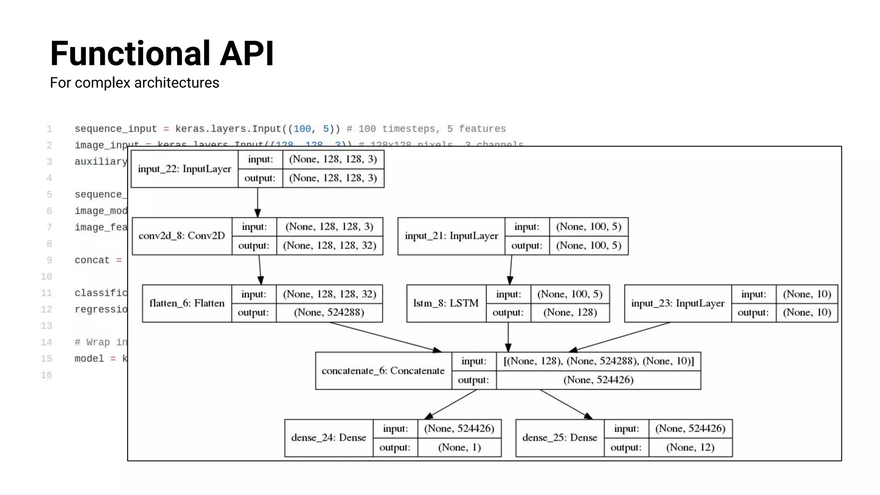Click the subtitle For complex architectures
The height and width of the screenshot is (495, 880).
pyautogui.click(x=134, y=82)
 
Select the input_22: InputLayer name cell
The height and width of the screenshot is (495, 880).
pyautogui.click(x=184, y=169)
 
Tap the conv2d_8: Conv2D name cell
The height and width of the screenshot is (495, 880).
pyautogui.click(x=182, y=236)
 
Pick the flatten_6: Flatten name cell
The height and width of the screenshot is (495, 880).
pyautogui.click(x=187, y=303)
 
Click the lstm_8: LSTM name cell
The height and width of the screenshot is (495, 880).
pyautogui.click(x=446, y=303)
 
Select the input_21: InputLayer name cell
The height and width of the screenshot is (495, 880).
pyautogui.click(x=451, y=236)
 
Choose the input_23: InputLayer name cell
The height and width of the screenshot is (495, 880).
pyautogui.click(x=678, y=303)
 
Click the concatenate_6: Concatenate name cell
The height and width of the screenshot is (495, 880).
pyautogui.click(x=383, y=371)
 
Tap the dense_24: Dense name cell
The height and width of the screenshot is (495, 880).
pyautogui.click(x=329, y=438)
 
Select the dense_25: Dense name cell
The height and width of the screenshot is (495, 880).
pyautogui.click(x=559, y=438)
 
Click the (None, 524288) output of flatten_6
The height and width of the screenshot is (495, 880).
pyautogui.click(x=329, y=312)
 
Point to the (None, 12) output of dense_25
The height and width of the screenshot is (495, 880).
pyautogui.click(x=690, y=447)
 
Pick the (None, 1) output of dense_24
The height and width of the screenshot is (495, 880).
pyautogui.click(x=459, y=447)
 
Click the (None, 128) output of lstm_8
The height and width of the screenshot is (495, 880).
pyautogui.click(x=570, y=312)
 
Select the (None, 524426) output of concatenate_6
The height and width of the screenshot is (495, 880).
pyautogui.click(x=598, y=380)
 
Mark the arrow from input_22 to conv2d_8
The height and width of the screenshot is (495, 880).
pyautogui.click(x=258, y=202)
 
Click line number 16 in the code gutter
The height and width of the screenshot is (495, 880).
pyautogui.click(x=46, y=375)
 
